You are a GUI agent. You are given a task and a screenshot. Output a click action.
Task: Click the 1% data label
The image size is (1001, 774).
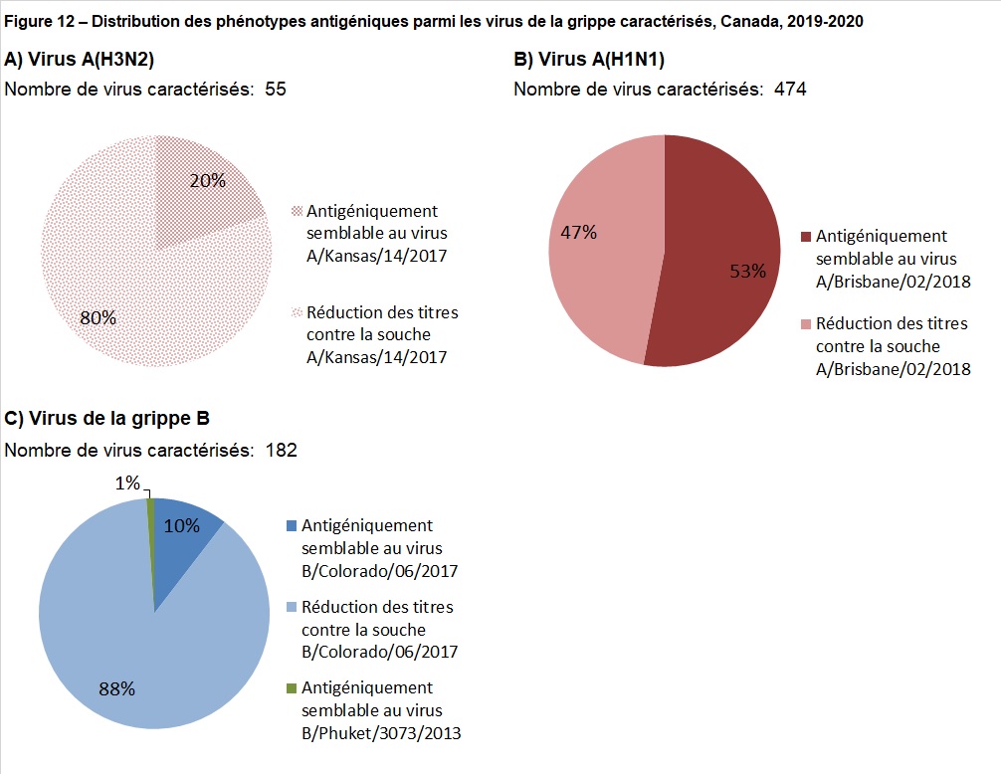coord(126,483)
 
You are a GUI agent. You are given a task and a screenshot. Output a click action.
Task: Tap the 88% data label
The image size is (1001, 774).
coord(116,687)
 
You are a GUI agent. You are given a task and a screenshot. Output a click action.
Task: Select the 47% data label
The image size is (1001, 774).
coord(578,233)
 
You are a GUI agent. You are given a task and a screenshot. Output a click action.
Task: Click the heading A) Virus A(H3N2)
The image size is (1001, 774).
coord(80,58)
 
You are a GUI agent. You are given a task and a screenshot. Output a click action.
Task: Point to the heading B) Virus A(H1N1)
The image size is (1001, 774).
coord(587,59)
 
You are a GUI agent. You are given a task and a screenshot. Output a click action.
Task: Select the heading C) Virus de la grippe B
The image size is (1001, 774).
coord(107,418)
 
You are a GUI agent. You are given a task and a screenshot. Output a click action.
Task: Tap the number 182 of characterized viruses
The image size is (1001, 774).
coord(282,451)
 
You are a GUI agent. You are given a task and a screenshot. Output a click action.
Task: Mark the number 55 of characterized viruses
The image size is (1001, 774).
coord(276,90)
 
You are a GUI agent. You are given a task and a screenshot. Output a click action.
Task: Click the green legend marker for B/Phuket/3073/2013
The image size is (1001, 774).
coord(291,688)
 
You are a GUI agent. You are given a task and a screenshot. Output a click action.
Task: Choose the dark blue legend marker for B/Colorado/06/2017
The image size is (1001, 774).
coord(291,525)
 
